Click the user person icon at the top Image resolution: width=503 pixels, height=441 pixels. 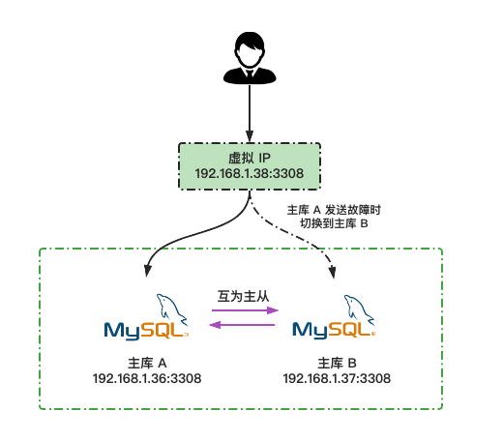[x=251, y=58]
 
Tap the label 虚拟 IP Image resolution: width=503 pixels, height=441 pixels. [x=251, y=157]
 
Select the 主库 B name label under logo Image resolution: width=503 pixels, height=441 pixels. [x=337, y=363]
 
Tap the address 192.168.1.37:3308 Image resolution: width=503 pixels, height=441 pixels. [x=337, y=379]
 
